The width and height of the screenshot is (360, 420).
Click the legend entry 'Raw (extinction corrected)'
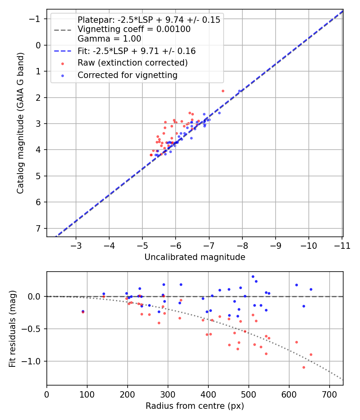132,63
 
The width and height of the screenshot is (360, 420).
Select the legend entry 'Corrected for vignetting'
127,75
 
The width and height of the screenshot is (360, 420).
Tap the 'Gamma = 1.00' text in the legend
109,39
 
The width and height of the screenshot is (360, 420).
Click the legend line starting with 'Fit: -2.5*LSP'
136,51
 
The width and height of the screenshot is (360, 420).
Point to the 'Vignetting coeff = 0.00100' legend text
134,29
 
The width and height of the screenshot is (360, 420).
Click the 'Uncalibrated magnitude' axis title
195,257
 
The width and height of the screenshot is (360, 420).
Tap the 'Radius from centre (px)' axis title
195,406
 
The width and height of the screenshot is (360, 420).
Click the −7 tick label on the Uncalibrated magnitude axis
209,246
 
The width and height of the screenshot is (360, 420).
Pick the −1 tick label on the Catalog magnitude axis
36,19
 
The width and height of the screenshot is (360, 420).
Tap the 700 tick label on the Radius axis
329,394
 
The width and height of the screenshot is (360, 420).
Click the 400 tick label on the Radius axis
208,394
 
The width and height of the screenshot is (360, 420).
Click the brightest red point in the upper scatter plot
223,91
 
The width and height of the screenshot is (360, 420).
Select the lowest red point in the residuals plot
304,367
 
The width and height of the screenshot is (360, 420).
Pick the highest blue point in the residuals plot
253,276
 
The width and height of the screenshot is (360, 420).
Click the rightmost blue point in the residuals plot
311,289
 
